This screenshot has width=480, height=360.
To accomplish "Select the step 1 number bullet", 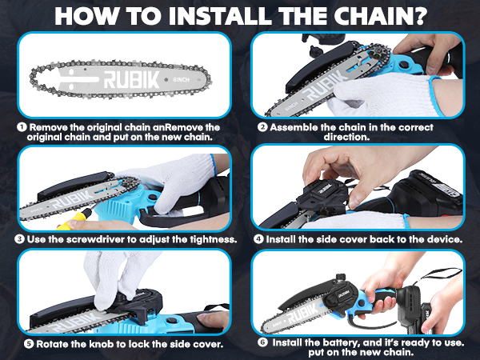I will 22,126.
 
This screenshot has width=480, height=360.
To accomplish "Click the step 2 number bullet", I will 263,126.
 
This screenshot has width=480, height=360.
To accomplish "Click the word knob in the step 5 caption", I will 86,345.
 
